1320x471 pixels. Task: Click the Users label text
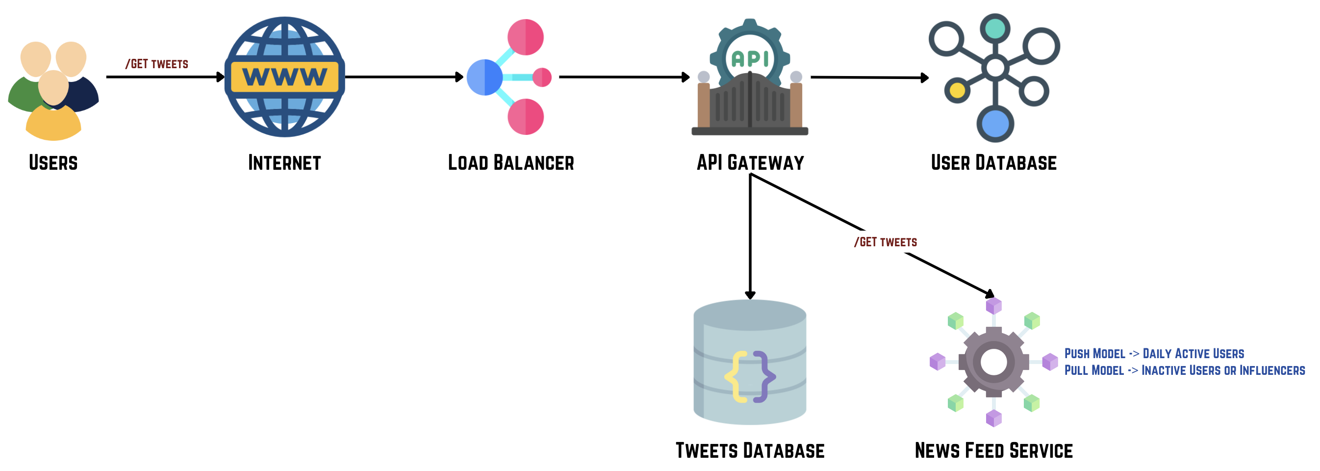(53, 163)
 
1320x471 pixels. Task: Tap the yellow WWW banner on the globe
(284, 78)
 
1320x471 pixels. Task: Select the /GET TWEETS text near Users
(157, 64)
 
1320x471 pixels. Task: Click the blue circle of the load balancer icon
(484, 78)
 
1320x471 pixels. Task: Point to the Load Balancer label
(511, 163)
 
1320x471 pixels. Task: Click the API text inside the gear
(750, 58)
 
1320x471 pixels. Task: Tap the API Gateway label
(750, 163)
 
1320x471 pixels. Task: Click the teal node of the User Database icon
(994, 28)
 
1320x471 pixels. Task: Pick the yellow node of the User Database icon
(957, 91)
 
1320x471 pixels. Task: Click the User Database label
(993, 163)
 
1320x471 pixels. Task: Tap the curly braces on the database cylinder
(750, 377)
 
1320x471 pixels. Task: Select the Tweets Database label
(750, 451)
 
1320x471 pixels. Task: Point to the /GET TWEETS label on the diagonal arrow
(886, 242)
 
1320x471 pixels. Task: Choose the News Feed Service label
(993, 451)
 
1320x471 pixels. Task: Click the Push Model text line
(1154, 354)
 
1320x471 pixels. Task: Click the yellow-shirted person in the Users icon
(53, 126)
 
